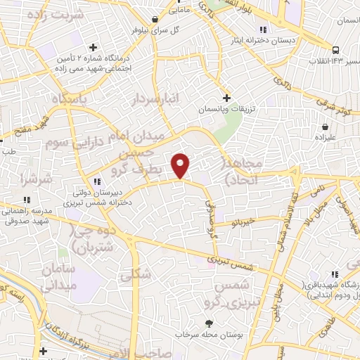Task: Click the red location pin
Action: pos(181,165)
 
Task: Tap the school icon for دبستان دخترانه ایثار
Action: pos(262,30)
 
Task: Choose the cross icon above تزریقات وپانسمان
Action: pos(226,98)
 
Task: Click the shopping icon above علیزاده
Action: pos(326,127)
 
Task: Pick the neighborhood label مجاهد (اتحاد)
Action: pos(242,172)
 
